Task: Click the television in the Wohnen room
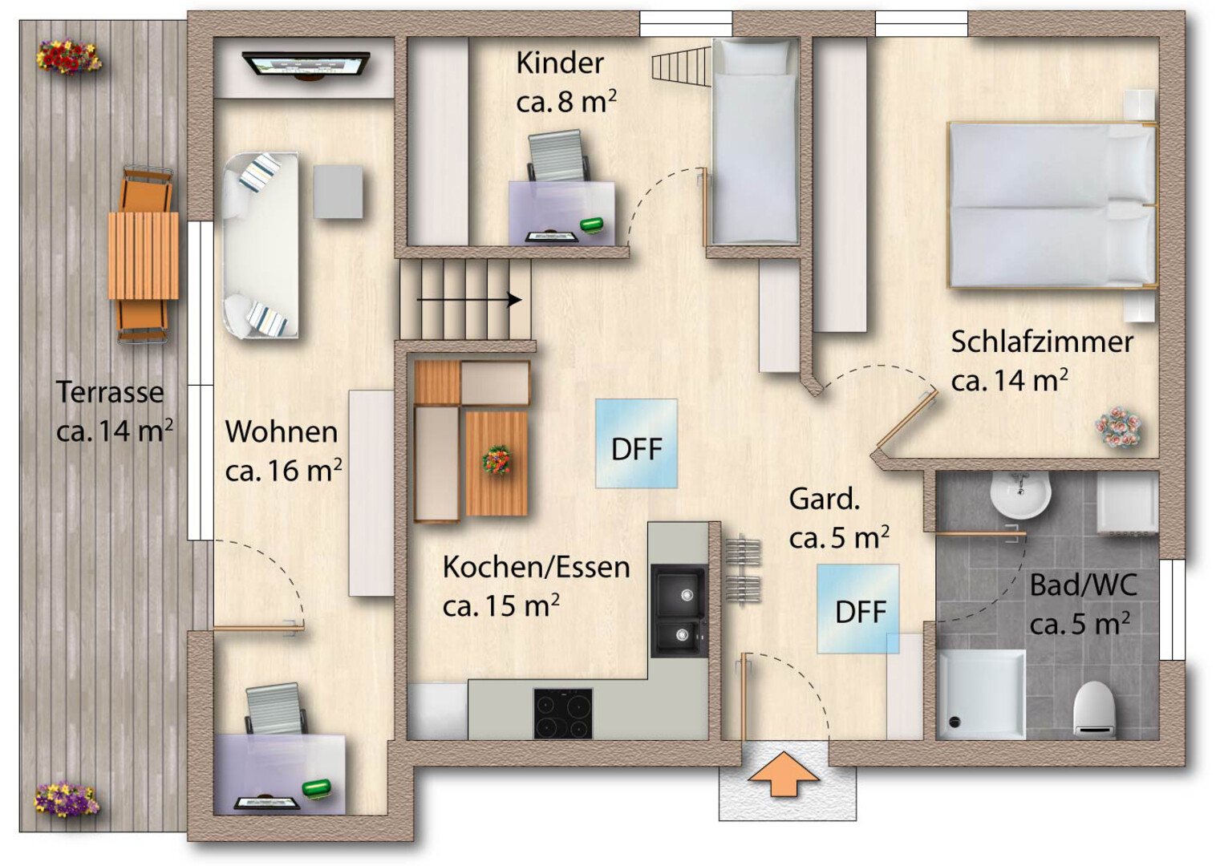tap(306, 66)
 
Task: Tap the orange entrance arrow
tap(784, 774)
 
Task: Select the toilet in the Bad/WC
tap(1094, 710)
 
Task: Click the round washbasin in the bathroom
tap(1020, 495)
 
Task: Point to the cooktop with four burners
tap(563, 714)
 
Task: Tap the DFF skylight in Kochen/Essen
tap(636, 444)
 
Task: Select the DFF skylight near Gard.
tap(858, 609)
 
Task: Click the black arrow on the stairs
tap(469, 300)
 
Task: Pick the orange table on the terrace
tap(144, 256)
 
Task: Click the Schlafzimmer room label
tap(1042, 342)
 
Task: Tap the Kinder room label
tap(560, 63)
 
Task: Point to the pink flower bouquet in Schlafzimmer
tap(1118, 427)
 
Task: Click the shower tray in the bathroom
tap(982, 695)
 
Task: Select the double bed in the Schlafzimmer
tap(1053, 204)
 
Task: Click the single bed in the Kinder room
tap(755, 141)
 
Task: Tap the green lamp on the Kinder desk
tap(592, 225)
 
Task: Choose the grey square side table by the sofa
tap(338, 192)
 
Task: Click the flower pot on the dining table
tap(497, 459)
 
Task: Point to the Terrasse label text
tap(110, 392)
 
